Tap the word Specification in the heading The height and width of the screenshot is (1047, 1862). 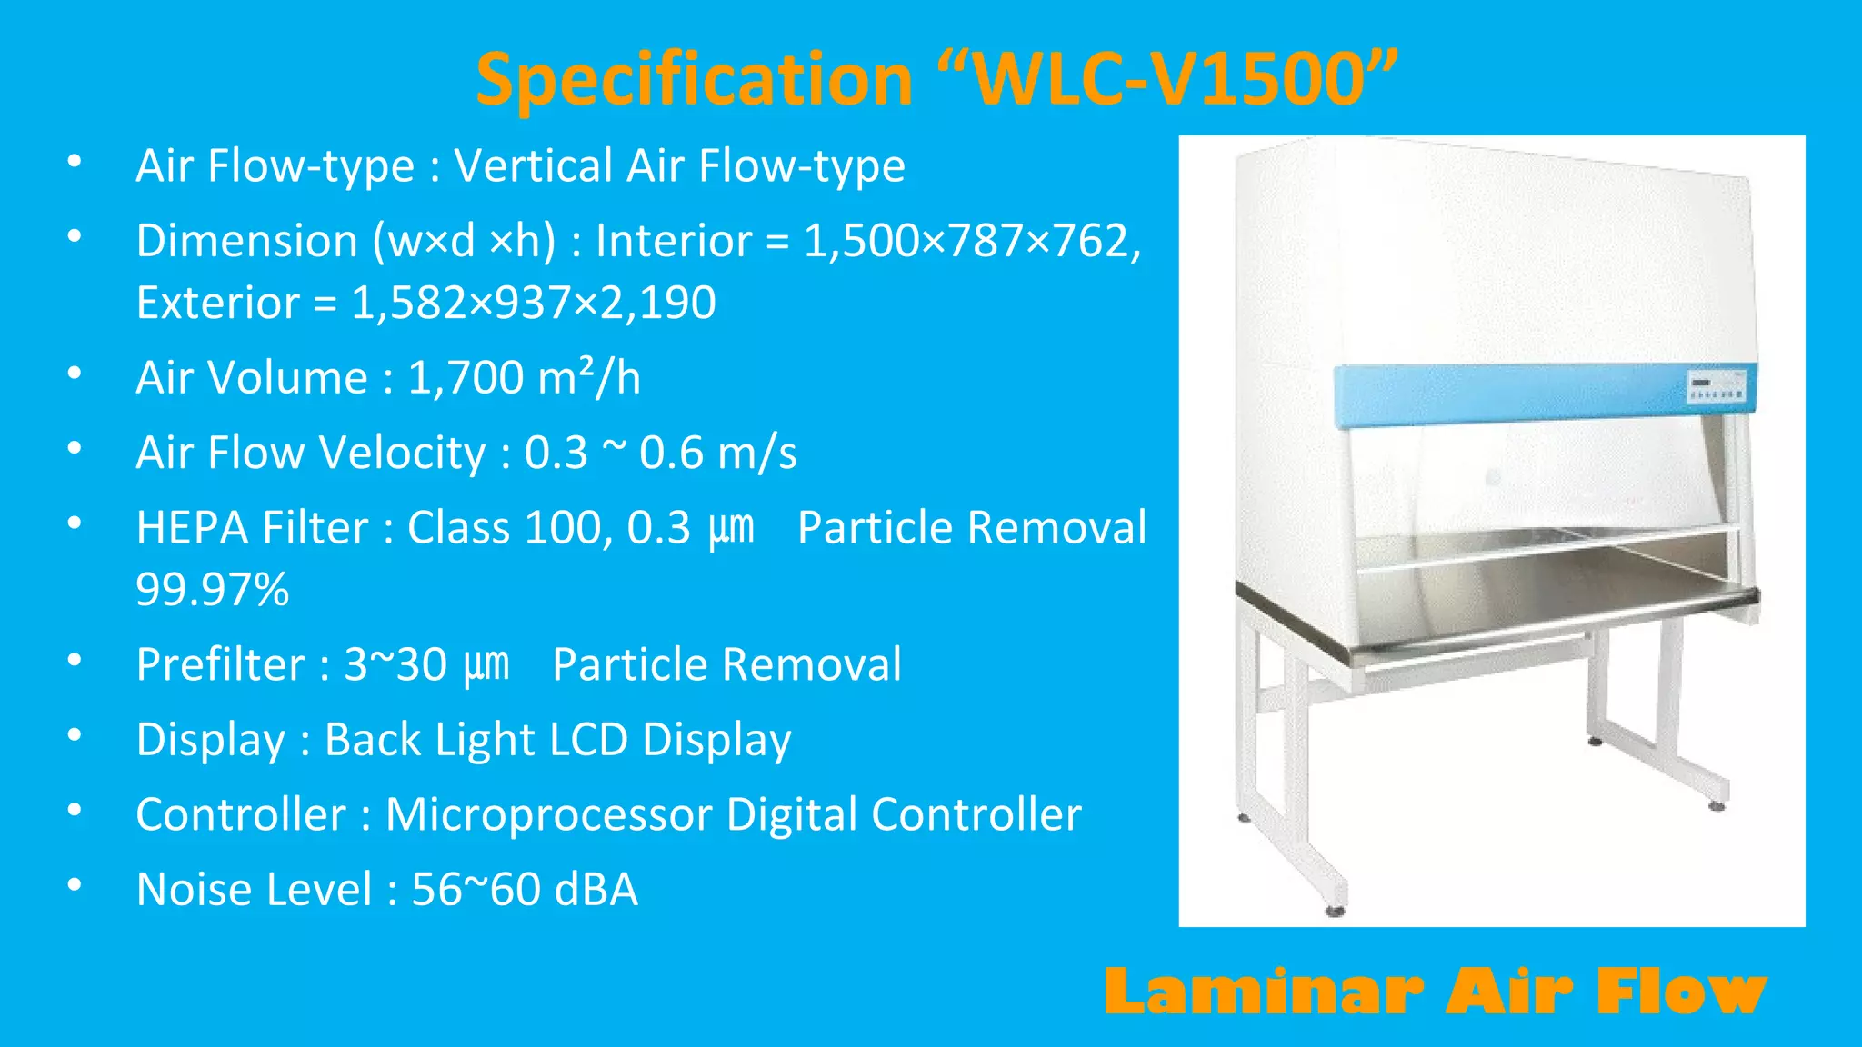pyautogui.click(x=694, y=80)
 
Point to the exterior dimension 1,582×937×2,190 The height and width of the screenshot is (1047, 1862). pyautogui.click(x=534, y=303)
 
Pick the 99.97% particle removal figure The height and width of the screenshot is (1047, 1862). pyautogui.click(x=212, y=589)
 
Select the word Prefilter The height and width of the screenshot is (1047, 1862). pyautogui.click(x=219, y=664)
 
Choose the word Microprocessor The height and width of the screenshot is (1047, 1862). pyautogui.click(x=548, y=814)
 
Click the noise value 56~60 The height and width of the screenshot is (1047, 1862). pyautogui.click(x=476, y=889)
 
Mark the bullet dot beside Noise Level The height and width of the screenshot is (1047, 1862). pyautogui.click(x=75, y=884)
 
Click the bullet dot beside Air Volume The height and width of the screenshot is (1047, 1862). pyautogui.click(x=75, y=373)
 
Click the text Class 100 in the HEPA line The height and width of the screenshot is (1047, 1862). pyautogui.click(x=502, y=528)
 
